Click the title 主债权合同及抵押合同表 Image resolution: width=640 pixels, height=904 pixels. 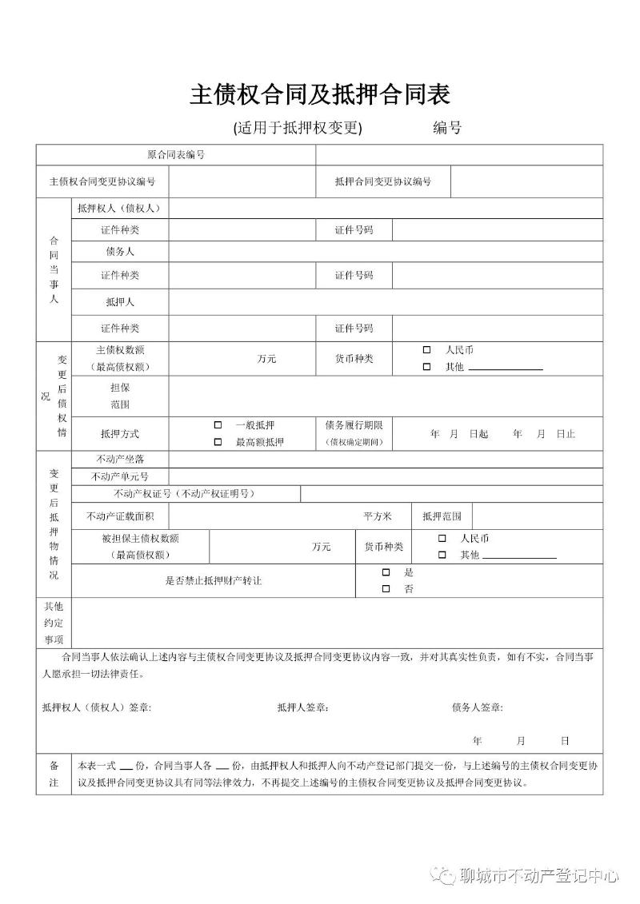(319, 94)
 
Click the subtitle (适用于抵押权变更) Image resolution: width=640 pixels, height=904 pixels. (298, 128)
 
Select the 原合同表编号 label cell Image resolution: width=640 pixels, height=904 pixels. (176, 154)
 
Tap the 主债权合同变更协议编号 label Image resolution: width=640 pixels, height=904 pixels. (102, 181)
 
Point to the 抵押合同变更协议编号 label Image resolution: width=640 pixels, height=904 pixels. (383, 181)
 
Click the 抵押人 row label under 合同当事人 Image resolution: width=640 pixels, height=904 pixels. (120, 302)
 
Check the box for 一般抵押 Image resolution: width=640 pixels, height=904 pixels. (218, 425)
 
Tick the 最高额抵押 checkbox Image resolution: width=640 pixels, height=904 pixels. (218, 442)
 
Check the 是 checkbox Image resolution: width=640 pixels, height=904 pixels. (386, 572)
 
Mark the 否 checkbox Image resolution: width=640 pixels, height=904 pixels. (386, 589)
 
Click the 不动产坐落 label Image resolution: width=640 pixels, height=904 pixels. (120, 459)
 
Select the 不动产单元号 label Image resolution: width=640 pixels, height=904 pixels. (120, 476)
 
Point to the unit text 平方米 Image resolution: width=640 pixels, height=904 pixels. (378, 516)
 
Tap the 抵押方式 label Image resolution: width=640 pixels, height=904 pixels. (120, 434)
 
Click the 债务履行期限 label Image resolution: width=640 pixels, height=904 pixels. (354, 425)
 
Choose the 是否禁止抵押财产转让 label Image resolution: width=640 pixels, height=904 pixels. (213, 580)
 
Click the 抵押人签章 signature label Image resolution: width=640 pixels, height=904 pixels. (303, 707)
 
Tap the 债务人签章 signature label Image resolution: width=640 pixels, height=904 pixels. (478, 707)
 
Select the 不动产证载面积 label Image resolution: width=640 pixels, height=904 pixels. (120, 516)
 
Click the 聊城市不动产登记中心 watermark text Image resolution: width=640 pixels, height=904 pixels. (541, 876)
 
